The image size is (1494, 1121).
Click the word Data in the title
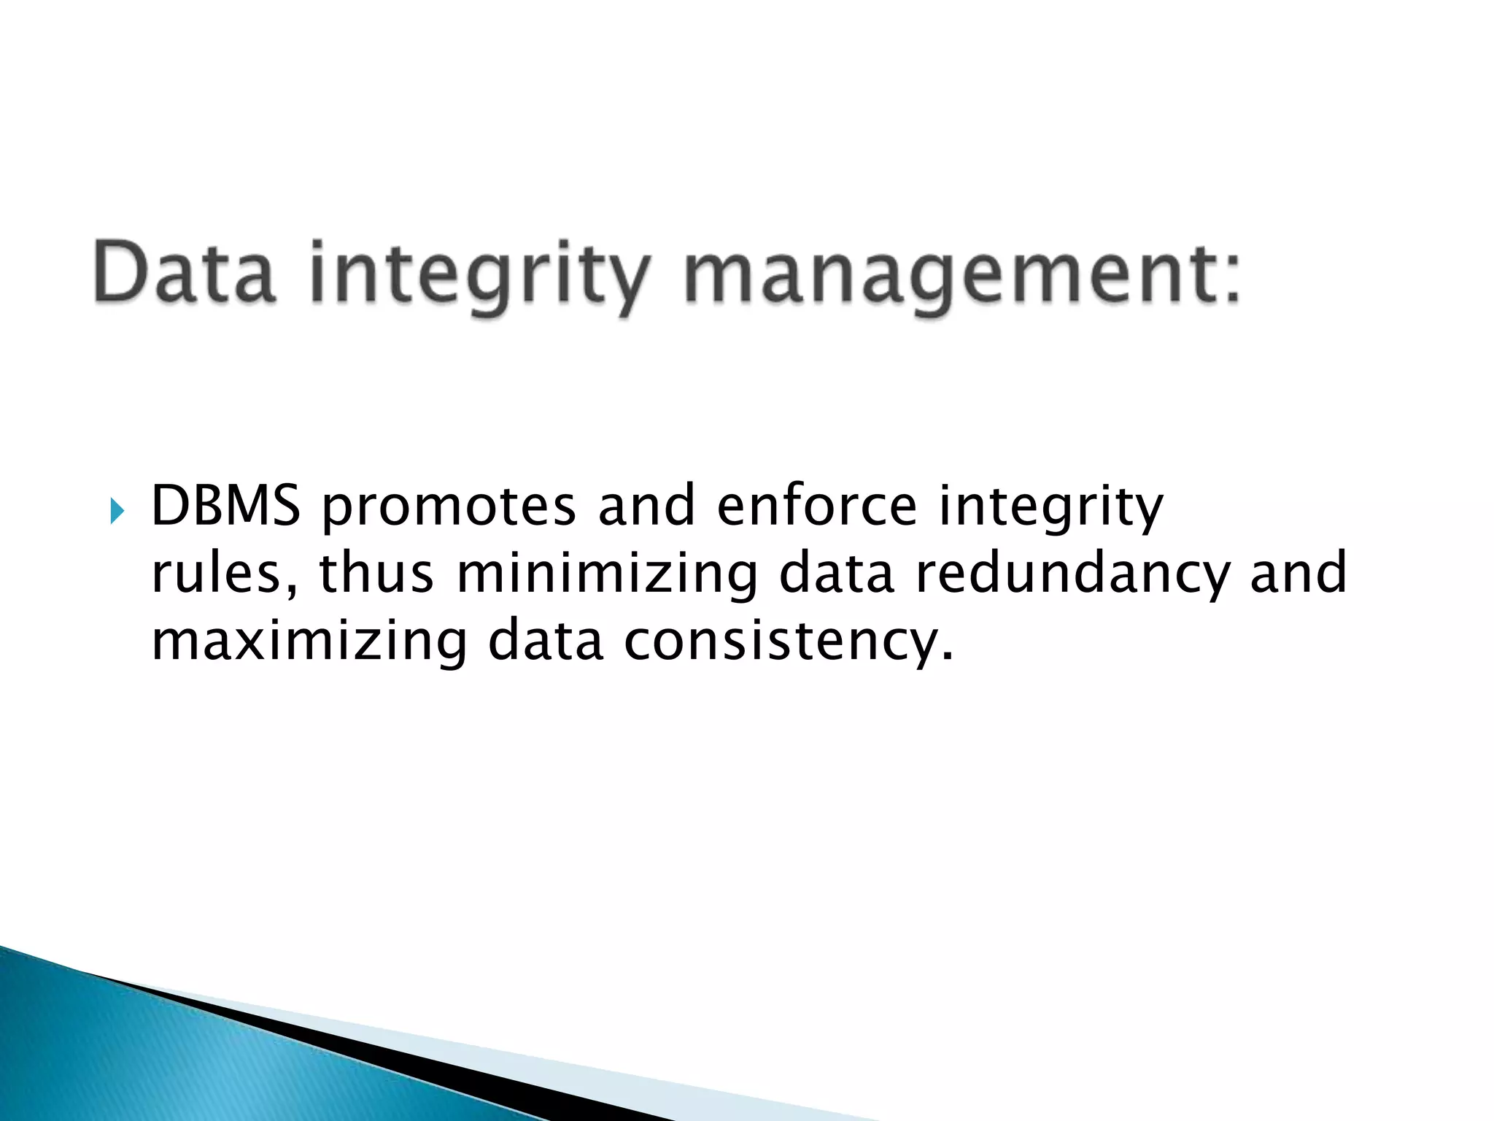click(x=184, y=274)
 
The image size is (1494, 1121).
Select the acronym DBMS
click(x=225, y=505)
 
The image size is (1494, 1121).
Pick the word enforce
click(x=817, y=505)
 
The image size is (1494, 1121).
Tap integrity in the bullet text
click(x=1050, y=508)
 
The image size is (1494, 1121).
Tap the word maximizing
click(x=309, y=643)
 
